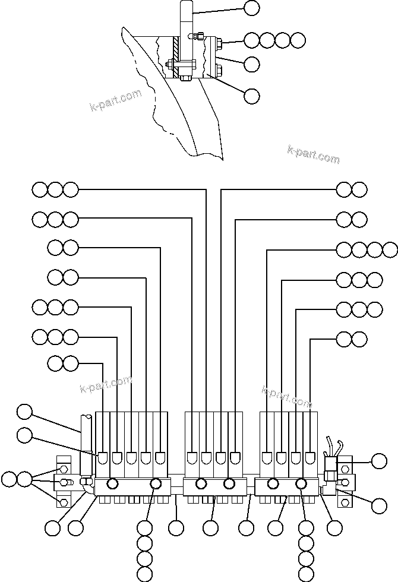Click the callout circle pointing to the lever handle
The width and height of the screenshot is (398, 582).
[252, 8]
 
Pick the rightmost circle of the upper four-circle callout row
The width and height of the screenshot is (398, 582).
[298, 40]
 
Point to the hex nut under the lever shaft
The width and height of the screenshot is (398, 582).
[184, 75]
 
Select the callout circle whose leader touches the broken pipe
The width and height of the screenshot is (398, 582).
[24, 411]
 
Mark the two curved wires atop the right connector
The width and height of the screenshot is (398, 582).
[332, 445]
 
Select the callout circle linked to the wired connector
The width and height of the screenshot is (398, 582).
[378, 460]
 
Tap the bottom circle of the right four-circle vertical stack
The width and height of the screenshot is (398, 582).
[305, 573]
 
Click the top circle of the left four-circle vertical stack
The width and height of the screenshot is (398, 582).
[144, 527]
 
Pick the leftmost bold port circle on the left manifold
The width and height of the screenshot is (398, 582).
[111, 485]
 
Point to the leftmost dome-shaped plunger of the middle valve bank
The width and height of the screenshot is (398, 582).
[192, 457]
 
